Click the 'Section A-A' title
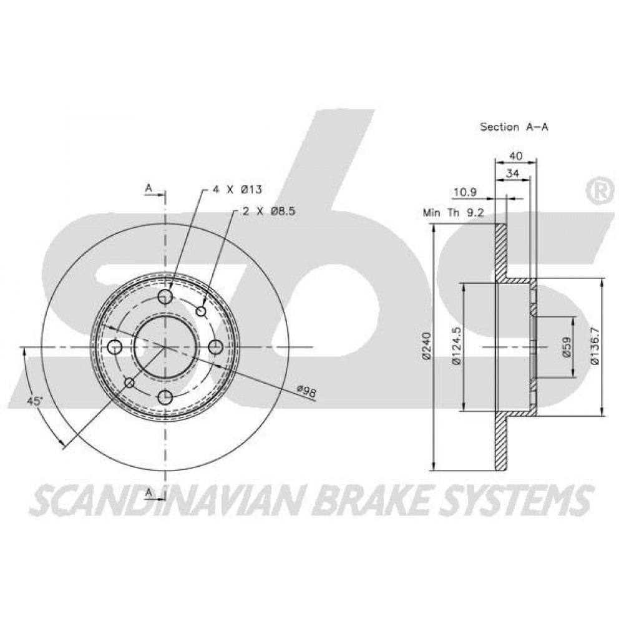(514, 127)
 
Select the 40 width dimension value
(516, 156)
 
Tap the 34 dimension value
(513, 173)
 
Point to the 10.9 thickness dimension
(466, 193)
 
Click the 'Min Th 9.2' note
(453, 213)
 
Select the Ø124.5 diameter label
(456, 346)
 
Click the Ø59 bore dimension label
(567, 346)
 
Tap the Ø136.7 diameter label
(595, 346)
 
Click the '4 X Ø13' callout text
(237, 190)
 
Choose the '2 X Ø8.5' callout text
(269, 212)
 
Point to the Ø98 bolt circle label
(307, 391)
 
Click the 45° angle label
(34, 401)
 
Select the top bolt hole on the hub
(165, 296)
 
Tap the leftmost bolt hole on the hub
(115, 347)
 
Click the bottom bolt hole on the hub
(165, 397)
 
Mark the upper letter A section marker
(149, 188)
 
